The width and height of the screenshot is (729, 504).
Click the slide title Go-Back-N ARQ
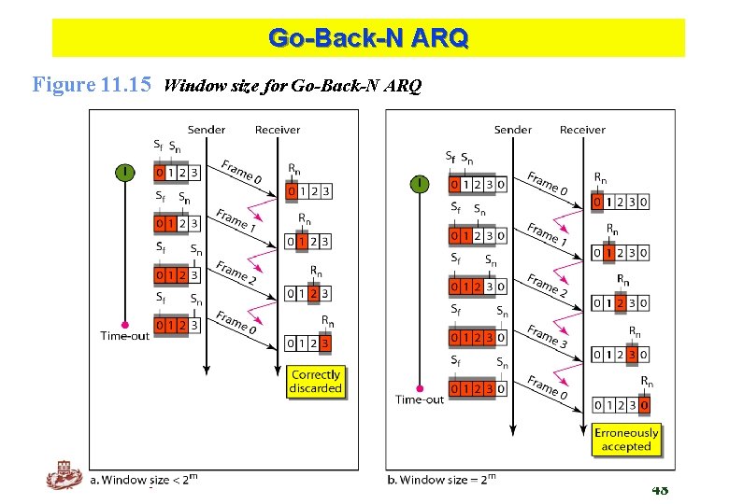368,38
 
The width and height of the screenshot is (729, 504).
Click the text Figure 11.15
92,86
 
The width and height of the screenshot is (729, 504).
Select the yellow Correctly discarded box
315,381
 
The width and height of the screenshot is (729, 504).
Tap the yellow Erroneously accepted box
626,440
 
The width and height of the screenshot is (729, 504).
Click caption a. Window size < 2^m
144,480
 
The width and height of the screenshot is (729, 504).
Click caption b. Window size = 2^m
441,480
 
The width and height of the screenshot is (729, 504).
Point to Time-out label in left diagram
124,336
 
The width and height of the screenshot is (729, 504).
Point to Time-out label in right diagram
420,399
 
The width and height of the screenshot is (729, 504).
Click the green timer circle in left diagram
124,172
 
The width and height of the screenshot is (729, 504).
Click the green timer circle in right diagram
420,184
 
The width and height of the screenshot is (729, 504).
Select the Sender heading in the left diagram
206,130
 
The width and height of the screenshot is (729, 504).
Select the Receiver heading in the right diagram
582,130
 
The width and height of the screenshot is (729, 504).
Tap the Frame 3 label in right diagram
547,336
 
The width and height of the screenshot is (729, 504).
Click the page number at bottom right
660,490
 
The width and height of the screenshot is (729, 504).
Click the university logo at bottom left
64,478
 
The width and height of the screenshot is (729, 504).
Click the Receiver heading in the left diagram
278,130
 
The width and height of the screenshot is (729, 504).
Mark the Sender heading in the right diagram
513,130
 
